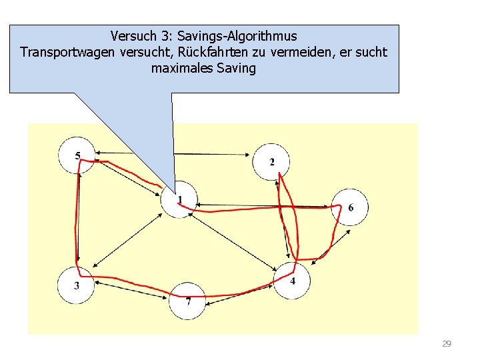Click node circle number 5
tap(77, 156)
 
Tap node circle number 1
tap(179, 199)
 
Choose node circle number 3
tap(77, 285)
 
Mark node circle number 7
tap(187, 301)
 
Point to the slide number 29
tap(447, 344)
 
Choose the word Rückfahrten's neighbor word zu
tap(258, 52)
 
